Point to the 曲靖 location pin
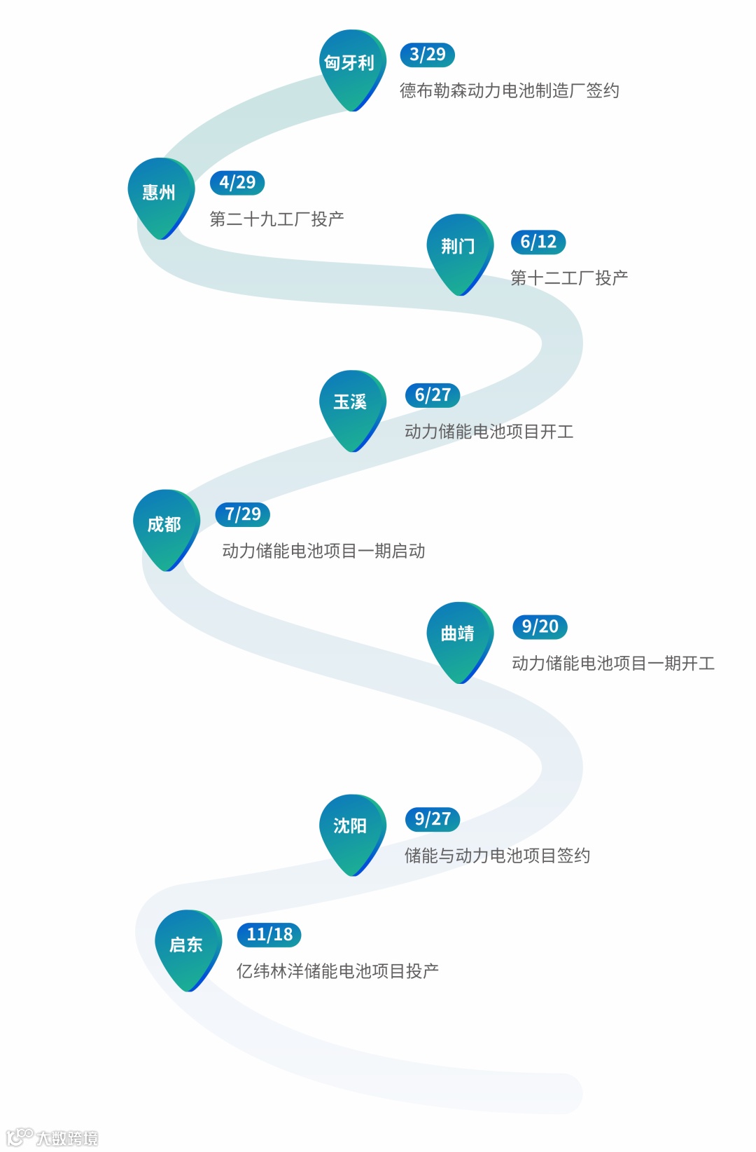[x=459, y=636]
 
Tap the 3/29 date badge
[x=427, y=55]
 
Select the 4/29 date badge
[x=237, y=183]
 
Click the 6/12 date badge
[x=538, y=242]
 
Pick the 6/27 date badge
[x=432, y=395]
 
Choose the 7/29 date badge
[x=242, y=514]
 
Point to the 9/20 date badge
[x=540, y=626]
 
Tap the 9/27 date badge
[x=432, y=819]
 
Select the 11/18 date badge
[x=269, y=935]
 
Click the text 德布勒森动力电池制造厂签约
[x=509, y=91]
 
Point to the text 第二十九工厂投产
[x=276, y=219]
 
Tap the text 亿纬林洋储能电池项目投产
[x=337, y=971]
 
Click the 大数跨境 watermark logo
[x=52, y=1137]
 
